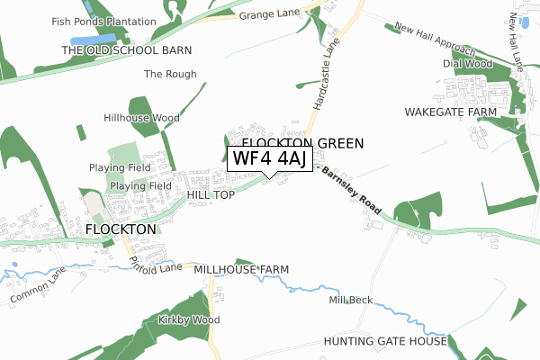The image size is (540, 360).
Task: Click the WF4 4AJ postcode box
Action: (270, 159)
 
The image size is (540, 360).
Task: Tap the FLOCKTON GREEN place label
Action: (302, 142)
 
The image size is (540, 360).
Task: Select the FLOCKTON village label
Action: (121, 229)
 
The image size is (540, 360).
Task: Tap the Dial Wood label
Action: (467, 64)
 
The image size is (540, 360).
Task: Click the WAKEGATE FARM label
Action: (451, 112)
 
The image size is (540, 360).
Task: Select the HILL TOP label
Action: (211, 194)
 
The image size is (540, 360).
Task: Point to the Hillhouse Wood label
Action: (141, 118)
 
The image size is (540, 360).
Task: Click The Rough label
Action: (170, 74)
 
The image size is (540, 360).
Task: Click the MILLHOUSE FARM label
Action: (241, 269)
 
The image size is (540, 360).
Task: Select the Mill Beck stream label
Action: (350, 300)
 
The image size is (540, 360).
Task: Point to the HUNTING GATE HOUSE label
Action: (386, 342)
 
